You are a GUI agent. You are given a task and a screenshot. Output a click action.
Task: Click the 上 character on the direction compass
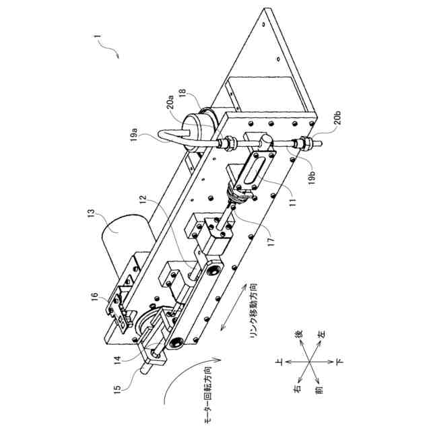click(x=278, y=362)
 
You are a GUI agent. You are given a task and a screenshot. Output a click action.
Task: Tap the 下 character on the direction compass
click(x=341, y=362)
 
